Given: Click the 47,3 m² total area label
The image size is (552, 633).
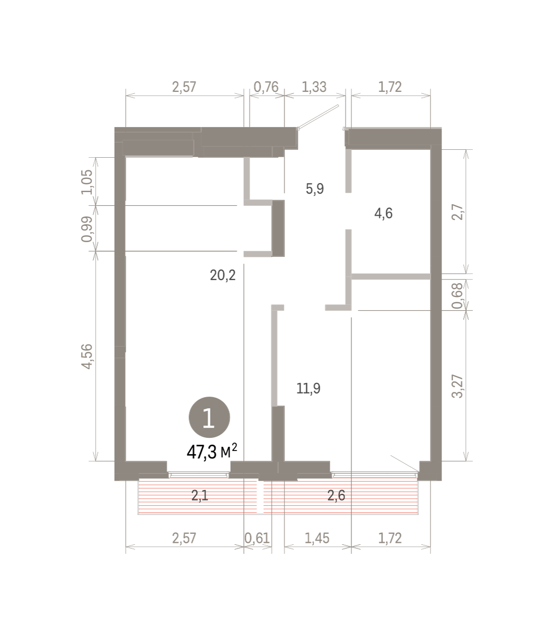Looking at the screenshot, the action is point(212,452).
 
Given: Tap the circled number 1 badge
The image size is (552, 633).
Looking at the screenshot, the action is point(209,417).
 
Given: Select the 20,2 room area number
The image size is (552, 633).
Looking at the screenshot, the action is point(223,275).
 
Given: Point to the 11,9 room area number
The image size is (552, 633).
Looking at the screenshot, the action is point(309,388).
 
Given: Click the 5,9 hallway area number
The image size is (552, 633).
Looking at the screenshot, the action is point(315,188).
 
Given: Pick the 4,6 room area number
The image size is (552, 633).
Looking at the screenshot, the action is point(383,213).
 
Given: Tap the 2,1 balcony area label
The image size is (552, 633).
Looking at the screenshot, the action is point(199,495).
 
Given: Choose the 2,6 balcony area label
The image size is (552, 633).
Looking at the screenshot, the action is point(336,495).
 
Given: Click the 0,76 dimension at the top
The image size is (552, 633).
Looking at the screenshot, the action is point(266,87).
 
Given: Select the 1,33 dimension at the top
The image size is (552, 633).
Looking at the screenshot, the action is point(314,87).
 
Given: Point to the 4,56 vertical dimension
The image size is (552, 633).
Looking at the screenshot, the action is point(87,357).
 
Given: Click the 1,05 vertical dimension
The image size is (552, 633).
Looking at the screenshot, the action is point(87,182).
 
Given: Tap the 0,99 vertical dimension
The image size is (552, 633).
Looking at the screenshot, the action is point(87,229).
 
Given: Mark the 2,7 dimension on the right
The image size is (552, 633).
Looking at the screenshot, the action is point(458,212).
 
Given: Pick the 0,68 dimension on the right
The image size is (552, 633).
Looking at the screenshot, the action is point(458,295).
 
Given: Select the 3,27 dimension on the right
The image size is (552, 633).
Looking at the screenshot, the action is point(458,386).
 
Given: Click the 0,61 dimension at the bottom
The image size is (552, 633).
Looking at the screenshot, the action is point(257,539).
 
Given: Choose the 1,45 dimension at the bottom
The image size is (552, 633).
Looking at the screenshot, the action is point(317,539).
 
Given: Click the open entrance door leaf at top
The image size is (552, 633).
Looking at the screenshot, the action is point(318,117).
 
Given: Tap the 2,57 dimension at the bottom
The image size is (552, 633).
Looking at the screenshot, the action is point(184,539).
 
